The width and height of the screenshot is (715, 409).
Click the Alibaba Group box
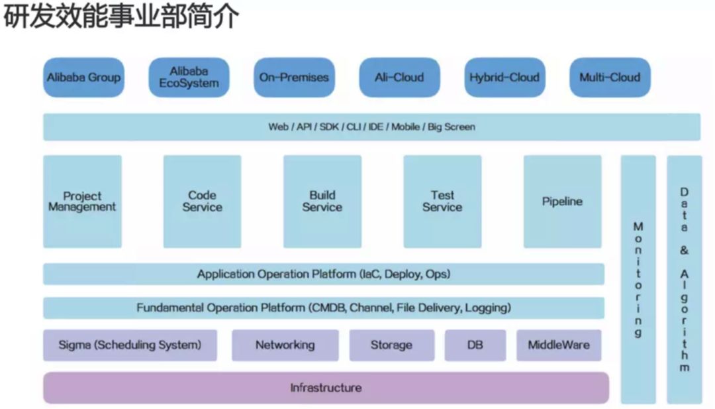83,78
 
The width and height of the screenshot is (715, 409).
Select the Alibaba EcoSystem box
189,78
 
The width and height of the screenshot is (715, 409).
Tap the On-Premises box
294,78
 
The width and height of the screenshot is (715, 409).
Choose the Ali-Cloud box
399,78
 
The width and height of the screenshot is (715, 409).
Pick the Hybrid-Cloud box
504,78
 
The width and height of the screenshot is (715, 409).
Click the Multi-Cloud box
610,78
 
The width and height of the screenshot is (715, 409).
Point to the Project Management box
82,202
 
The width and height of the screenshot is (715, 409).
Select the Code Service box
203,202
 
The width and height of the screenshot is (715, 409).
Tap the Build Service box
322,202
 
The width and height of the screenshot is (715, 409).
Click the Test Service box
442,202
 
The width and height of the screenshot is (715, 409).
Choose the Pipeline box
563,202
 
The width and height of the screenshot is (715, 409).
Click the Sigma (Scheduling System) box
130,345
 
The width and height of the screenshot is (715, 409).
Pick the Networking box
285,345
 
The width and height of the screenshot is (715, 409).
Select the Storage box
391,345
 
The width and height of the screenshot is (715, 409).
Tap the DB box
475,345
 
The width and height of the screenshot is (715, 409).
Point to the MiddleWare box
559,345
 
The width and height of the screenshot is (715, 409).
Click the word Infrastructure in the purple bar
326,388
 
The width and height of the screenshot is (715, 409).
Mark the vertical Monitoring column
638,279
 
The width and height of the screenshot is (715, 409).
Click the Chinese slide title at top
120,18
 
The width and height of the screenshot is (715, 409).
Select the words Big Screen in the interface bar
452,127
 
